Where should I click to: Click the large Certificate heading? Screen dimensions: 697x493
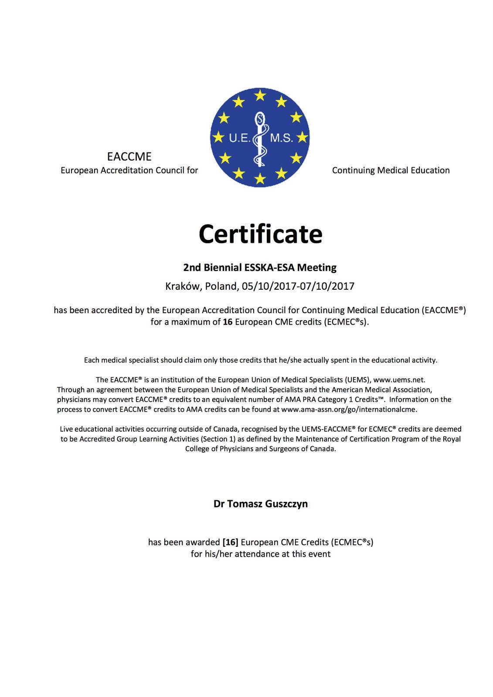[x=260, y=234]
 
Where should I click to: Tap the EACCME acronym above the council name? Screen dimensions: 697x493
[x=129, y=156]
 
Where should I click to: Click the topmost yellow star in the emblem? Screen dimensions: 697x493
[x=260, y=95]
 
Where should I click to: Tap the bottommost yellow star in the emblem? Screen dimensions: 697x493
[x=260, y=178]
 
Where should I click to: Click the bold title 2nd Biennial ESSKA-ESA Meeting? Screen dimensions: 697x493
[x=260, y=267]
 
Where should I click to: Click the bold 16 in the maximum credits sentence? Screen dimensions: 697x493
[x=228, y=322]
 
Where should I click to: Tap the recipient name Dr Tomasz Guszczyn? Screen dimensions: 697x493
[x=260, y=504]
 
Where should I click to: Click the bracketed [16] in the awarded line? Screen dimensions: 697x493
[x=230, y=542]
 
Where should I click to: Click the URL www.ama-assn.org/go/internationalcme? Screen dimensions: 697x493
[x=349, y=409]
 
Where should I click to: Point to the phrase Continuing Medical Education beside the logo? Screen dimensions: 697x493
[x=391, y=170]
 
